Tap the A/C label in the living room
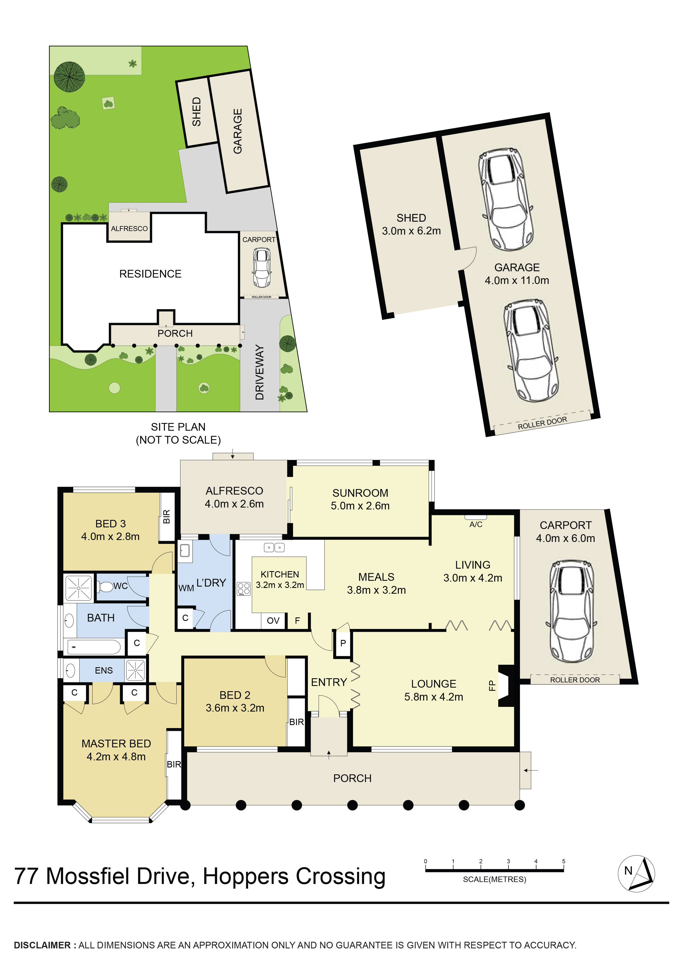tap(476, 524)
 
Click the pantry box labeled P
tap(343, 643)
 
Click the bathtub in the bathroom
tap(95, 647)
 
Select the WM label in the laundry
tap(186, 588)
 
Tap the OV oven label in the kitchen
tap(273, 621)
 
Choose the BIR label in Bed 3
tap(167, 517)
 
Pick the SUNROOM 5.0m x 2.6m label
tap(360, 500)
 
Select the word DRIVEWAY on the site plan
tap(260, 372)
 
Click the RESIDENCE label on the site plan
tap(150, 274)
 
